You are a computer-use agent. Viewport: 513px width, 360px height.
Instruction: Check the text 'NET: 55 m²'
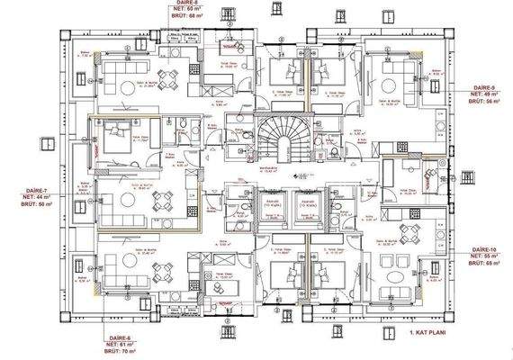[485, 256]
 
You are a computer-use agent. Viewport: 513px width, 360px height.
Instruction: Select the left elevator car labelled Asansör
[270, 211]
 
